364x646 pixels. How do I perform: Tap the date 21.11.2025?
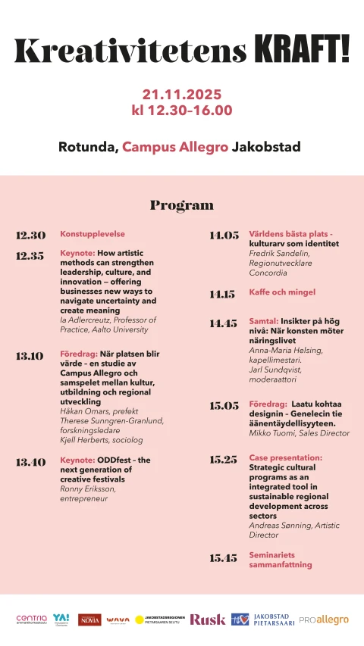coord(182,95)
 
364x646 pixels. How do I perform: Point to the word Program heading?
coord(182,205)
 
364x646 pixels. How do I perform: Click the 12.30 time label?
coord(31,235)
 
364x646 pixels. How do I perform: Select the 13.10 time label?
coord(31,356)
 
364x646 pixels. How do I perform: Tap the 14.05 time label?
coord(224,235)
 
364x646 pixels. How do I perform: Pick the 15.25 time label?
coord(224,459)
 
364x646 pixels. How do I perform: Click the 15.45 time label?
coord(224,558)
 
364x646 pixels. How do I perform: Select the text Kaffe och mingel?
coord(282,292)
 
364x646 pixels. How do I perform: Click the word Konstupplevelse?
coord(93,235)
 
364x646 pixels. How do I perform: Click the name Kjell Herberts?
coord(83,440)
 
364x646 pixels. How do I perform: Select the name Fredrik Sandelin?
coord(280,254)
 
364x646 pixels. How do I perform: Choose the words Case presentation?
coord(285,458)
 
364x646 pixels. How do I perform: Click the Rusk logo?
coord(207,619)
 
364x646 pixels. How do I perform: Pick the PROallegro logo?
coord(324,619)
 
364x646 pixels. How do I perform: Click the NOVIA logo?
coord(89,619)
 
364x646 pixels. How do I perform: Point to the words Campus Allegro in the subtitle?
coord(175,147)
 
